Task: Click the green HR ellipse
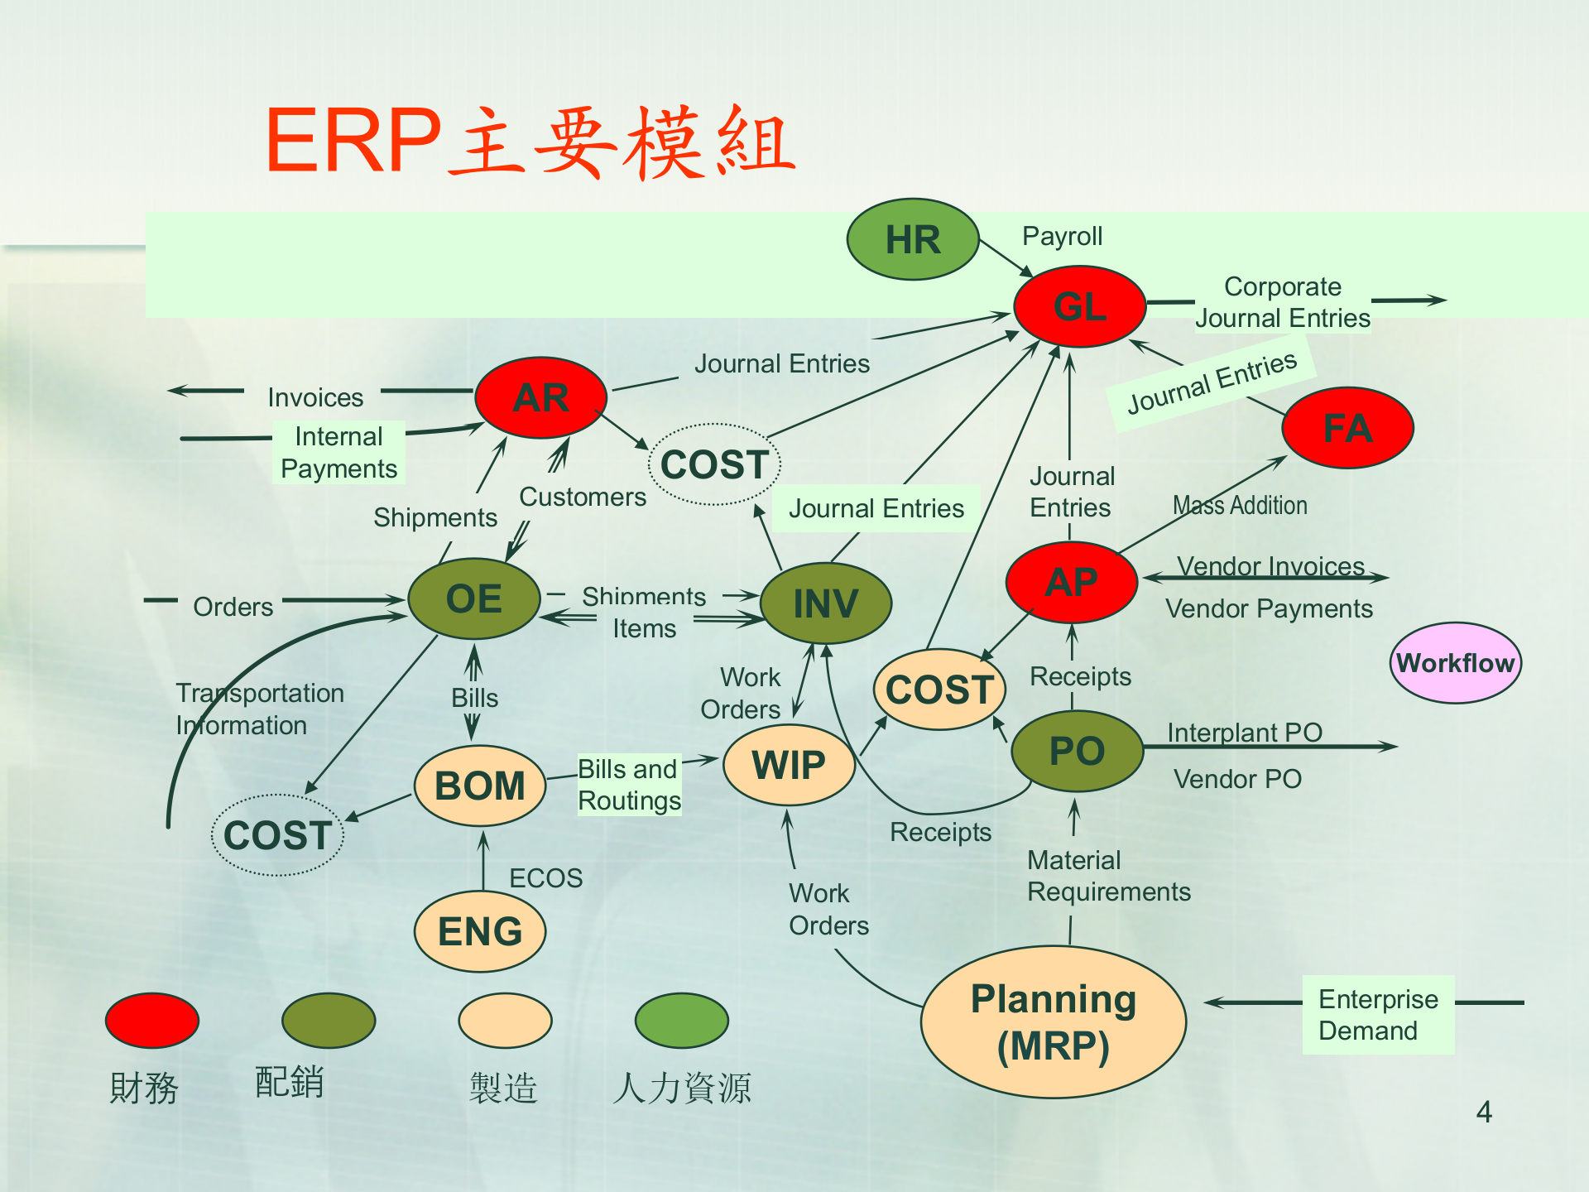(913, 239)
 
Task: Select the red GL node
(1080, 306)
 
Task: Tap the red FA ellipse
(1347, 428)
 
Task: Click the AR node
(541, 398)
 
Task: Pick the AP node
(1072, 582)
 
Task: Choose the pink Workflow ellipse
(1455, 663)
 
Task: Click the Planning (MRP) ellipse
(1053, 1022)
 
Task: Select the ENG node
(480, 931)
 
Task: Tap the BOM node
(480, 786)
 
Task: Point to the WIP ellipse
(789, 765)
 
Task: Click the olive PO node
(1077, 751)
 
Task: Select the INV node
(825, 603)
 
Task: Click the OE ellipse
(474, 598)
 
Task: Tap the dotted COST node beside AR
(715, 464)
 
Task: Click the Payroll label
(1062, 236)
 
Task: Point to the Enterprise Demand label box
(1378, 1015)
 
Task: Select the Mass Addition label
(1240, 505)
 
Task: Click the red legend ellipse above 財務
(152, 1020)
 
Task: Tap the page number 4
(1484, 1112)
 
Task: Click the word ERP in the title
(353, 141)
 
